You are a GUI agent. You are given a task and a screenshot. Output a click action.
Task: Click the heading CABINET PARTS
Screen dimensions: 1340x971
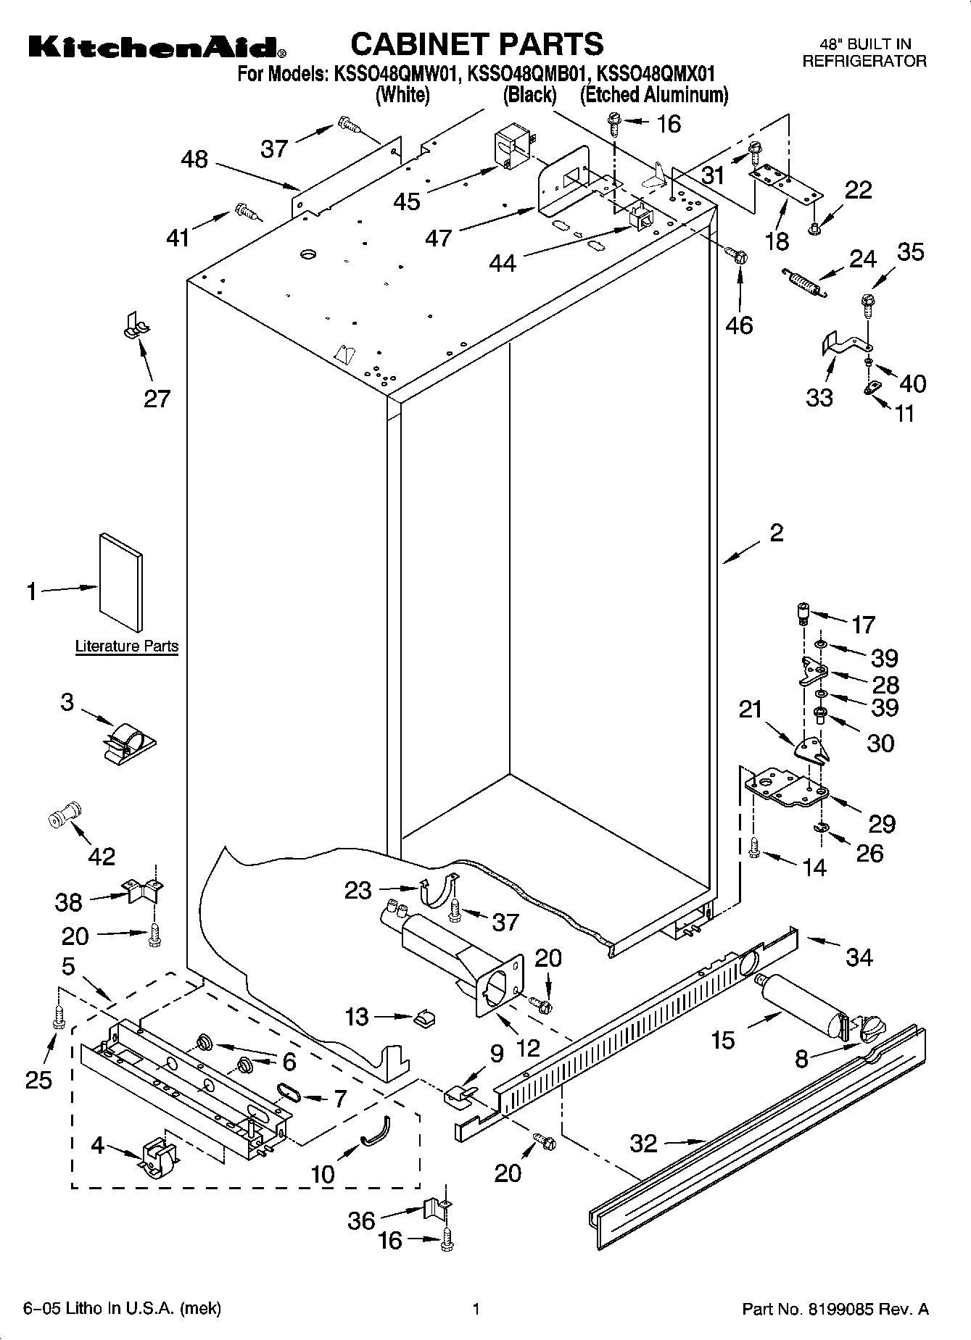tap(476, 44)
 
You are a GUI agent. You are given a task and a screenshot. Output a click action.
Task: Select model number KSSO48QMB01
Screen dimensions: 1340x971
tap(527, 73)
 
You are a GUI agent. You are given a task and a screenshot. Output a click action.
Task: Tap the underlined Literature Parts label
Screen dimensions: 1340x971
tap(127, 646)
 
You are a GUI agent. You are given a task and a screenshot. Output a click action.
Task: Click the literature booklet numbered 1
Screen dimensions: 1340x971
tap(121, 582)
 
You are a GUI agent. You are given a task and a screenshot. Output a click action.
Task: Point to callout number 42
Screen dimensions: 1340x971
tap(102, 856)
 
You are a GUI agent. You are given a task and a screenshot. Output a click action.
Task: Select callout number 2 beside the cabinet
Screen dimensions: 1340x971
tap(776, 533)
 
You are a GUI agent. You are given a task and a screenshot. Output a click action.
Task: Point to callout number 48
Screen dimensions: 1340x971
tap(194, 159)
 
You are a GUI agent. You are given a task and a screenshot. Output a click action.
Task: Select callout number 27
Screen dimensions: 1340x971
tap(157, 398)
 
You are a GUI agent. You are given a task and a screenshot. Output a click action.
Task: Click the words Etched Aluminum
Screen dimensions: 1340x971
tap(654, 95)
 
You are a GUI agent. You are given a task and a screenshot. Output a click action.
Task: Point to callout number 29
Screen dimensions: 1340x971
tap(882, 823)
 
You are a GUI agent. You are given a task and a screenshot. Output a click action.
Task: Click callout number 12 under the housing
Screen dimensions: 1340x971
tap(529, 1047)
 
